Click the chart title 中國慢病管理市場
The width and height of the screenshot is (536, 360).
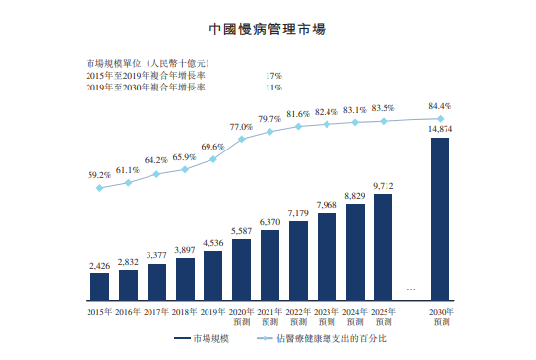coord(268,31)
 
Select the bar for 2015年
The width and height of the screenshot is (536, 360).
coord(99,286)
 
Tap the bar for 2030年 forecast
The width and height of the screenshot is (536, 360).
coord(441,218)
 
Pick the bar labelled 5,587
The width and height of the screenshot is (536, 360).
coord(242,269)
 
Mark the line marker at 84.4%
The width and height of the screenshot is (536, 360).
coord(441,118)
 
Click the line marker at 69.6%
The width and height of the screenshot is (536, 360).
coord(213,158)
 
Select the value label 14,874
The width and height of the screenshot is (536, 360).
coord(441,129)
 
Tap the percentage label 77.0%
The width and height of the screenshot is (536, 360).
coord(241,127)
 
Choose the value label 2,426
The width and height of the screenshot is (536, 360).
coord(99,266)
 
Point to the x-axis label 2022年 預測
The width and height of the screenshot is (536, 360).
coord(298,316)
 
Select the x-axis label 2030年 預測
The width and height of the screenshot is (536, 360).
coord(441,316)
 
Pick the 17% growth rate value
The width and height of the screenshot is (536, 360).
coord(274,75)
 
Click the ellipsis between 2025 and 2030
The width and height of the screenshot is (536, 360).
coord(411,289)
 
